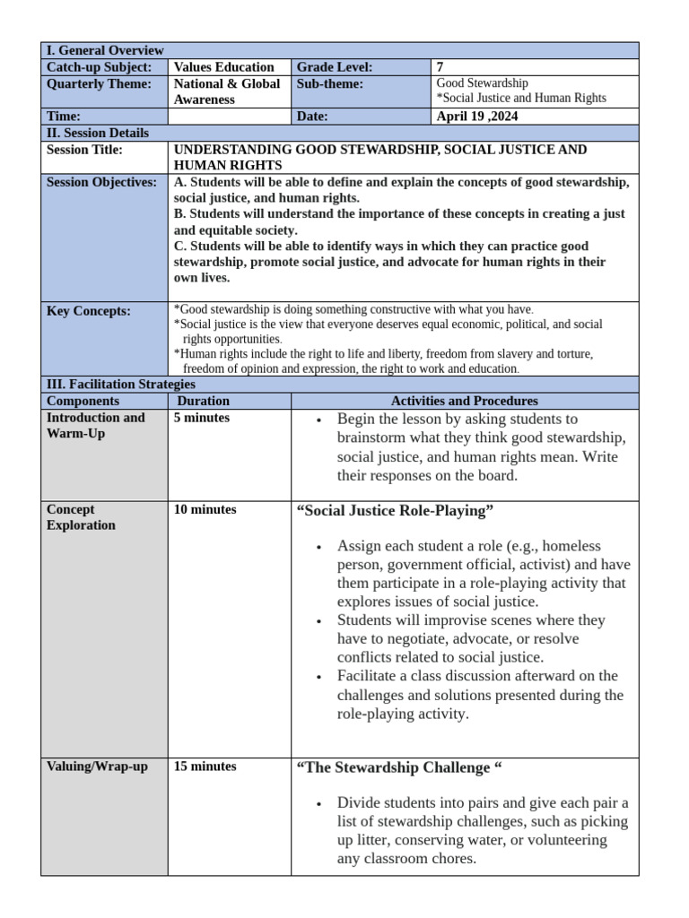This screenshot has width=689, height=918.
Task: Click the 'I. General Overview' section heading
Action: click(105, 50)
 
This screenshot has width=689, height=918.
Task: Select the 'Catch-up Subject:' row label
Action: click(99, 67)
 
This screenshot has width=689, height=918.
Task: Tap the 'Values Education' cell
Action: click(223, 67)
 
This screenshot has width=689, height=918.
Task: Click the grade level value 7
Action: click(440, 67)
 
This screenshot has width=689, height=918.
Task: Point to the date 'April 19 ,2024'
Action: click(476, 116)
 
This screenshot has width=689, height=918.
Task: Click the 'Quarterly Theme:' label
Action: click(100, 83)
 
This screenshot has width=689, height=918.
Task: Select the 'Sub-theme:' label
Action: click(329, 83)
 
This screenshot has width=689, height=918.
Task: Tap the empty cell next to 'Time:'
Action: click(229, 116)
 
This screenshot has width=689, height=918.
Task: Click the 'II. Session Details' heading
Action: click(98, 133)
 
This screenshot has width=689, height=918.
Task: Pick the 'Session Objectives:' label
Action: click(101, 182)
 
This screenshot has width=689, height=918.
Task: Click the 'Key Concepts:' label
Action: click(88, 311)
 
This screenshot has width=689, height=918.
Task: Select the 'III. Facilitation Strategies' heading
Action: click(120, 384)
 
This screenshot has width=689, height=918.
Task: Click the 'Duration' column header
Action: click(204, 401)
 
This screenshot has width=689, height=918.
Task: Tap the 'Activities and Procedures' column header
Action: click(464, 401)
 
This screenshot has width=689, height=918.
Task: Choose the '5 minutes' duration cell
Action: click(202, 418)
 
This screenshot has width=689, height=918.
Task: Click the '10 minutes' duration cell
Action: click(205, 509)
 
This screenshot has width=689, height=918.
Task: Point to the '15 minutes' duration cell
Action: click(205, 766)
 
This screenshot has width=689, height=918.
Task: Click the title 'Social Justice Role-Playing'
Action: click(395, 511)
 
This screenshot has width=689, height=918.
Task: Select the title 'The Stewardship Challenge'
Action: click(398, 768)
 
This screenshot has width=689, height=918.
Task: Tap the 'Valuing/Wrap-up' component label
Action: click(97, 766)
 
